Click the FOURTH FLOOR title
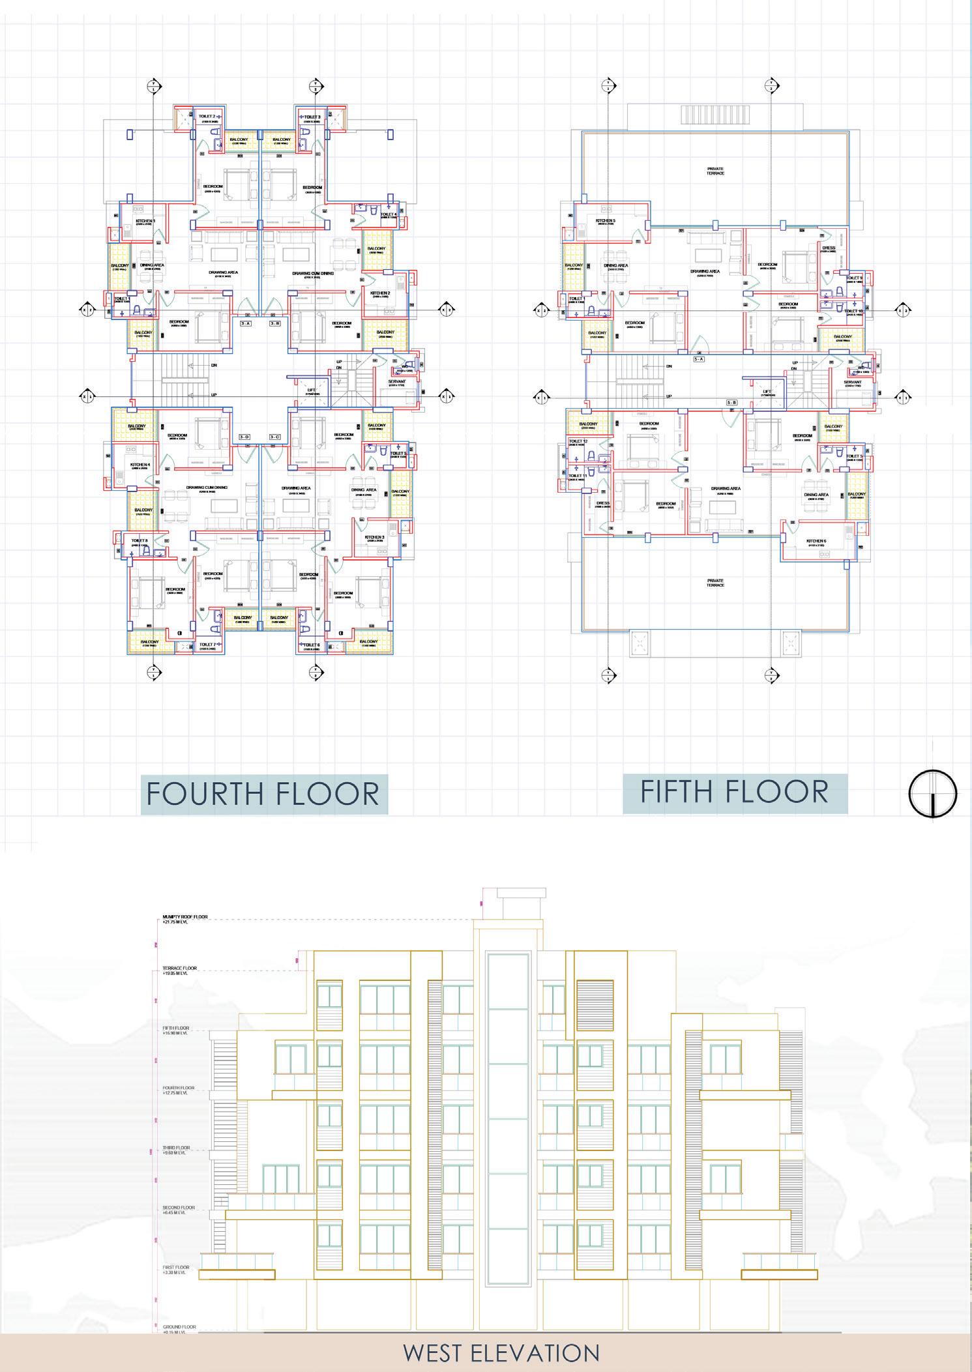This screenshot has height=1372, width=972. [263, 794]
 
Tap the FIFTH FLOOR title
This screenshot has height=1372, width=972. [735, 791]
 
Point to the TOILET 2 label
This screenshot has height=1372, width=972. [206, 117]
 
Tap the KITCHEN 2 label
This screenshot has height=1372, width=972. [380, 293]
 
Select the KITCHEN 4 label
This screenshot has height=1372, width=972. [140, 465]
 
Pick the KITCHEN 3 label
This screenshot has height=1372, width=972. [374, 537]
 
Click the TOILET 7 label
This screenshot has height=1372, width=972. [207, 645]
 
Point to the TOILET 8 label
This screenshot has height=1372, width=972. [140, 540]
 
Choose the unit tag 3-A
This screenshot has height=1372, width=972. [246, 323]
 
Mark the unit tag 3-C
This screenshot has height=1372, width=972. [274, 436]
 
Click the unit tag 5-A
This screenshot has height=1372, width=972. [700, 358]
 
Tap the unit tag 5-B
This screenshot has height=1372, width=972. [732, 403]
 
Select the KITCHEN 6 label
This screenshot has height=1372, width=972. [816, 541]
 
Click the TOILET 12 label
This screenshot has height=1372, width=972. [578, 441]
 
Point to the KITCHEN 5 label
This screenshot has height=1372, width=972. [605, 221]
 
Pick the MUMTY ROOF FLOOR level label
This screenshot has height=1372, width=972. [185, 917]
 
